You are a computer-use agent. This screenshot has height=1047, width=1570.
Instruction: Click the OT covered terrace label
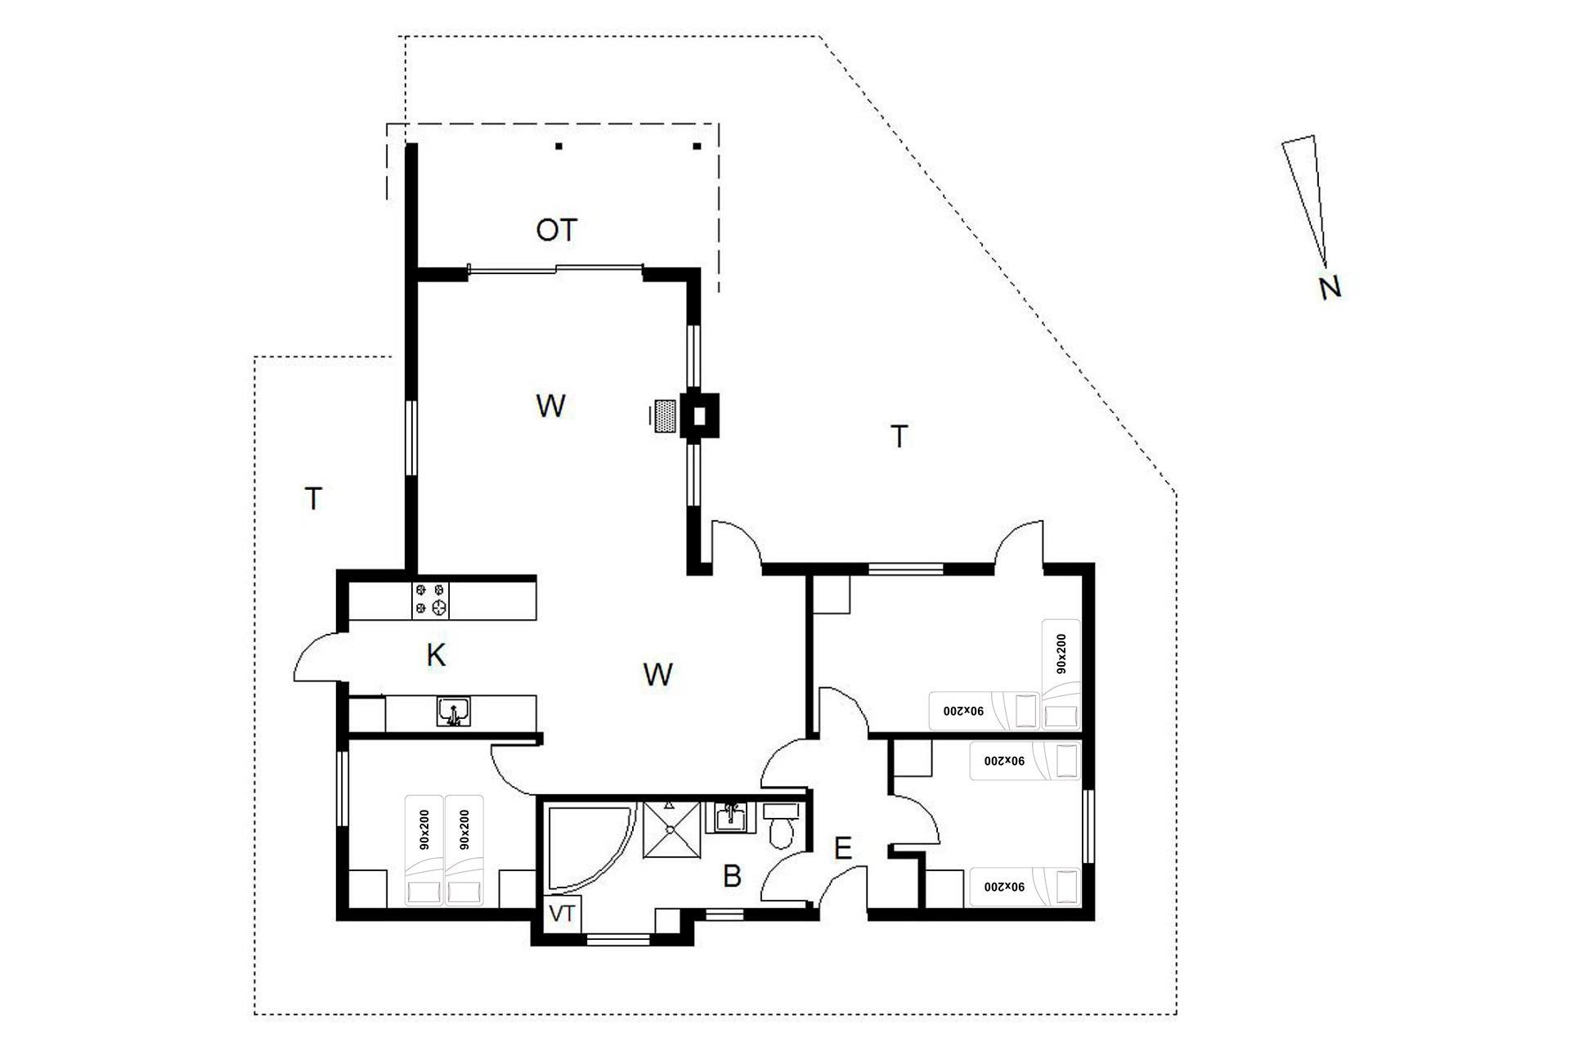557,231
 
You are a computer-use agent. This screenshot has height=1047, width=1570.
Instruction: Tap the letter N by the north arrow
1330,287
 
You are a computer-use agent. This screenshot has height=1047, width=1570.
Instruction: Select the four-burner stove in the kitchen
431,599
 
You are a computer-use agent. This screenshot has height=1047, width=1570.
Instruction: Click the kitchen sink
453,712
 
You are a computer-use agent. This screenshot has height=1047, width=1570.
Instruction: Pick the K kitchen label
436,655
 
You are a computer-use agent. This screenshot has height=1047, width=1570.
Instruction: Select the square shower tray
672,830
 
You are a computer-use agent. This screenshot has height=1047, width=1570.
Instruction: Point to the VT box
562,914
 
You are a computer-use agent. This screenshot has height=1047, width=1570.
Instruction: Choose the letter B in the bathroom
732,877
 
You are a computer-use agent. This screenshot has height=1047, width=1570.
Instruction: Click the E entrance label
842,849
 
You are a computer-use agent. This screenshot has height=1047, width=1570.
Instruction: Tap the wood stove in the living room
699,416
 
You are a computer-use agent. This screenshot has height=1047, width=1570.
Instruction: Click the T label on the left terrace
313,498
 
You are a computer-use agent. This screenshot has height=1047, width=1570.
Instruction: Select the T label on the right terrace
899,437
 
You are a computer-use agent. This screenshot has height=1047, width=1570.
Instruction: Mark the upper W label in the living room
550,406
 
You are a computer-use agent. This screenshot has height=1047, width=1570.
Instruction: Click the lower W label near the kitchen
657,675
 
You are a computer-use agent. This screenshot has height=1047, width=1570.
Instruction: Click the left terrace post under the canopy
559,146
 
